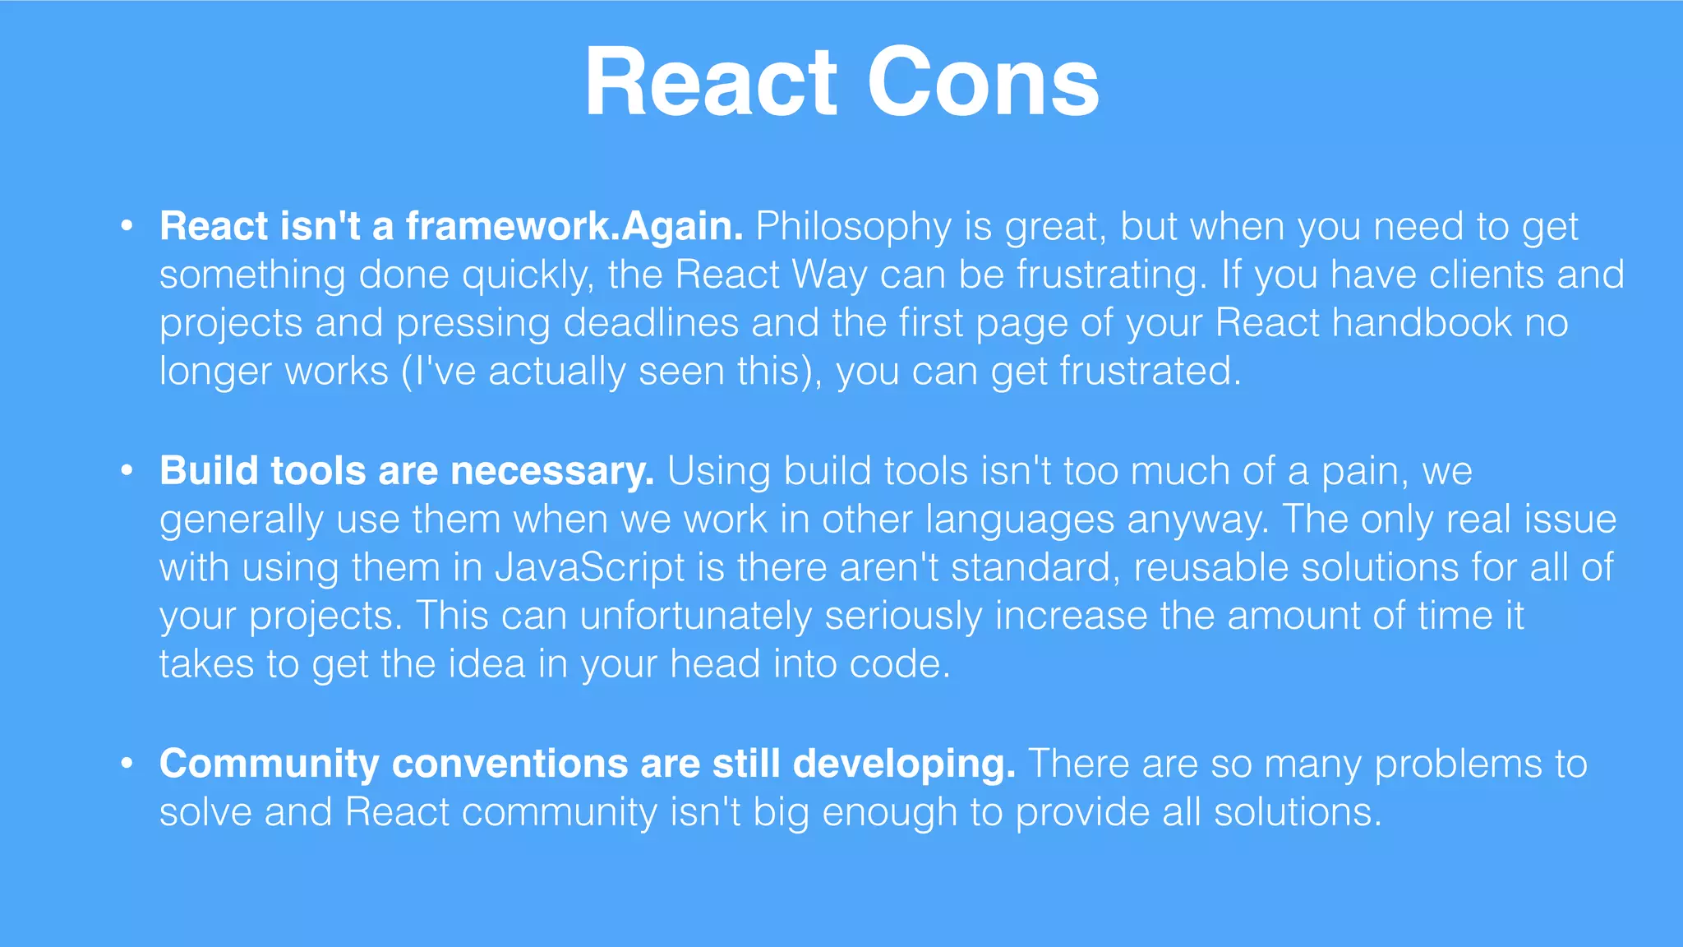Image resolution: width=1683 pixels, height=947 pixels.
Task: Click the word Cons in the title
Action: [983, 84]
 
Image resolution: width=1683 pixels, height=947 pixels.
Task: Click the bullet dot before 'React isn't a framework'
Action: [127, 225]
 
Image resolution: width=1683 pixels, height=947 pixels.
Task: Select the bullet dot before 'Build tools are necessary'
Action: [127, 470]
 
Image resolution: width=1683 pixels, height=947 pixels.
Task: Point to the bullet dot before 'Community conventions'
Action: [127, 763]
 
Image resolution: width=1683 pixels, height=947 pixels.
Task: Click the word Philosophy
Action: [853, 227]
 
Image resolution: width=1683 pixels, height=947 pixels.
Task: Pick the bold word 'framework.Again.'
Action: [574, 226]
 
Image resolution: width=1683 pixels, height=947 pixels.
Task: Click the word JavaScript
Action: [589, 567]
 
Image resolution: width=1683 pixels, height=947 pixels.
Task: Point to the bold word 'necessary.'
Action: [552, 471]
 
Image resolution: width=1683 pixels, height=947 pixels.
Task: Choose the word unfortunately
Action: [696, 616]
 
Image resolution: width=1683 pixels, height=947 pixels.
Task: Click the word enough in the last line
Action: [889, 812]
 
